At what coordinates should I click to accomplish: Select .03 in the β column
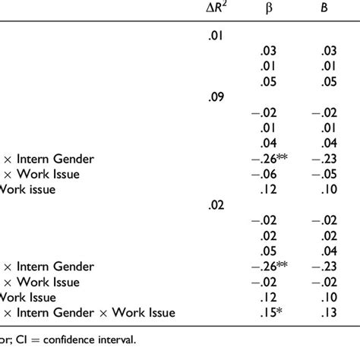267,52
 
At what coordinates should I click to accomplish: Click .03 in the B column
328,52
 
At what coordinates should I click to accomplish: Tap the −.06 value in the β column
264,174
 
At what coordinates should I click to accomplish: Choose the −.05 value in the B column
325,174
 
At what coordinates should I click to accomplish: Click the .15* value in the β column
270,312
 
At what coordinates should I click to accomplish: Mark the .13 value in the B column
328,312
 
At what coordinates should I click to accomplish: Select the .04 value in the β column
267,144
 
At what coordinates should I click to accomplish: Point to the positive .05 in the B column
328,82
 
